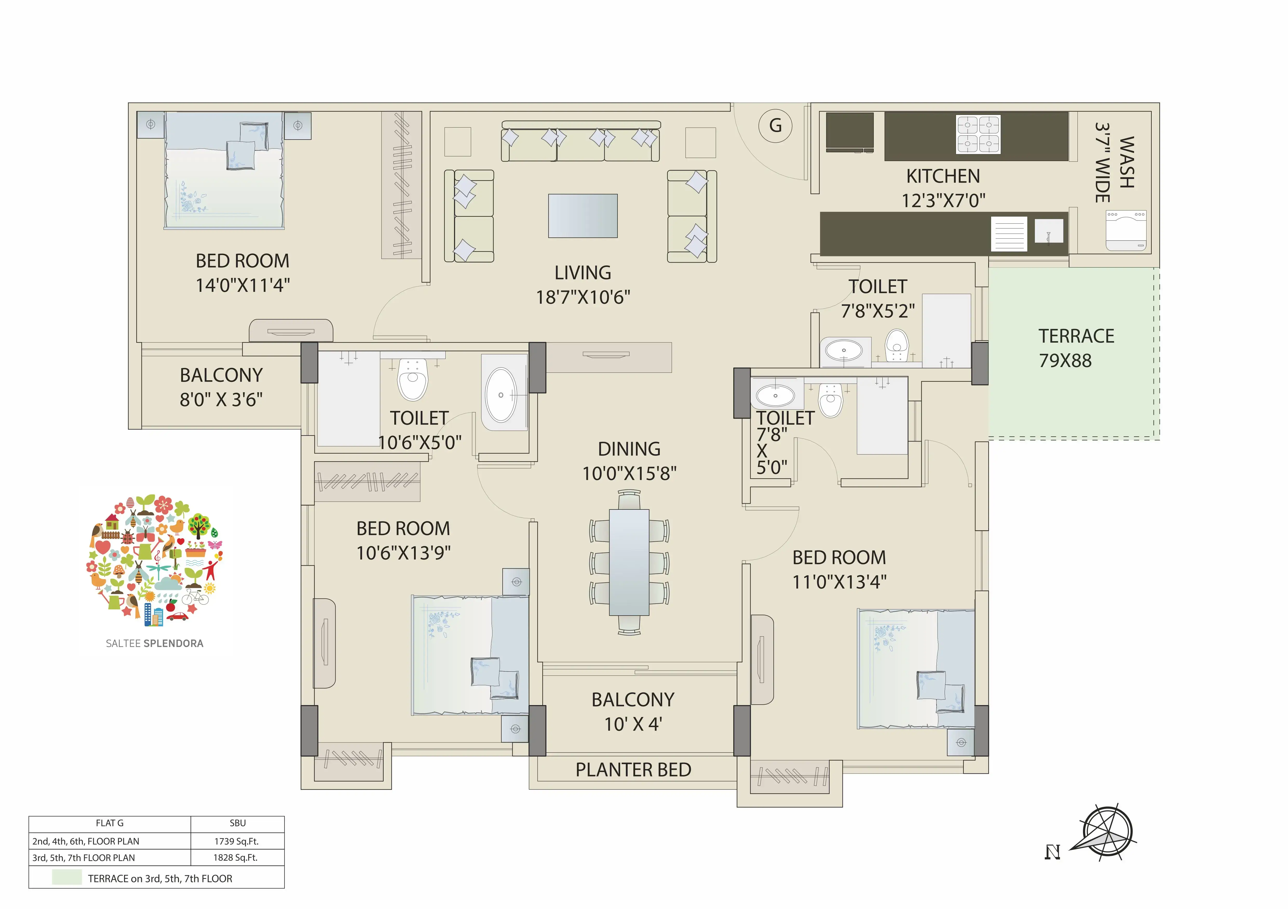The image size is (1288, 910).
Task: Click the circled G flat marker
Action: click(x=775, y=126)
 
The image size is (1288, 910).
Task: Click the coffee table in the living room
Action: click(x=583, y=216)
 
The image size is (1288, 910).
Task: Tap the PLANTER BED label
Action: click(x=633, y=770)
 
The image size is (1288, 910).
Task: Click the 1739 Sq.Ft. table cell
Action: click(x=237, y=841)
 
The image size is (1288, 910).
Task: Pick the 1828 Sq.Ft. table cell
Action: click(x=237, y=857)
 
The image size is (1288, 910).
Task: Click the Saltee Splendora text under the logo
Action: click(x=155, y=644)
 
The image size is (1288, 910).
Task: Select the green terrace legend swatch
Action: click(x=67, y=878)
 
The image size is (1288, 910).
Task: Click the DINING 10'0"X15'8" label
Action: click(x=629, y=461)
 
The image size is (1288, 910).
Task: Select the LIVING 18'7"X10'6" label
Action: click(x=583, y=285)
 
